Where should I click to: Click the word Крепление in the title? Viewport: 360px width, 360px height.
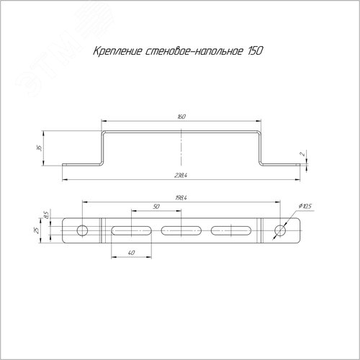(117, 51)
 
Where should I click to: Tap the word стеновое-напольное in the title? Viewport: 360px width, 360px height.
(194, 51)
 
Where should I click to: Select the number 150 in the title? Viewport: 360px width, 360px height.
(255, 50)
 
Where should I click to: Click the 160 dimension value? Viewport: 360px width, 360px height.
(181, 117)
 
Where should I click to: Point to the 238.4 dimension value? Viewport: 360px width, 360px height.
(181, 176)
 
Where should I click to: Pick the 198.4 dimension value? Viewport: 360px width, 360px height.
(181, 198)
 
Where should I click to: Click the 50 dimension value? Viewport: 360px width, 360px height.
(156, 207)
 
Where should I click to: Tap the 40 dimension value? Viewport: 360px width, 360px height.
(131, 253)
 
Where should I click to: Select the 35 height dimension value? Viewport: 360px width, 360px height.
(40, 148)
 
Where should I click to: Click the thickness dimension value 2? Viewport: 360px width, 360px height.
(303, 154)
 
